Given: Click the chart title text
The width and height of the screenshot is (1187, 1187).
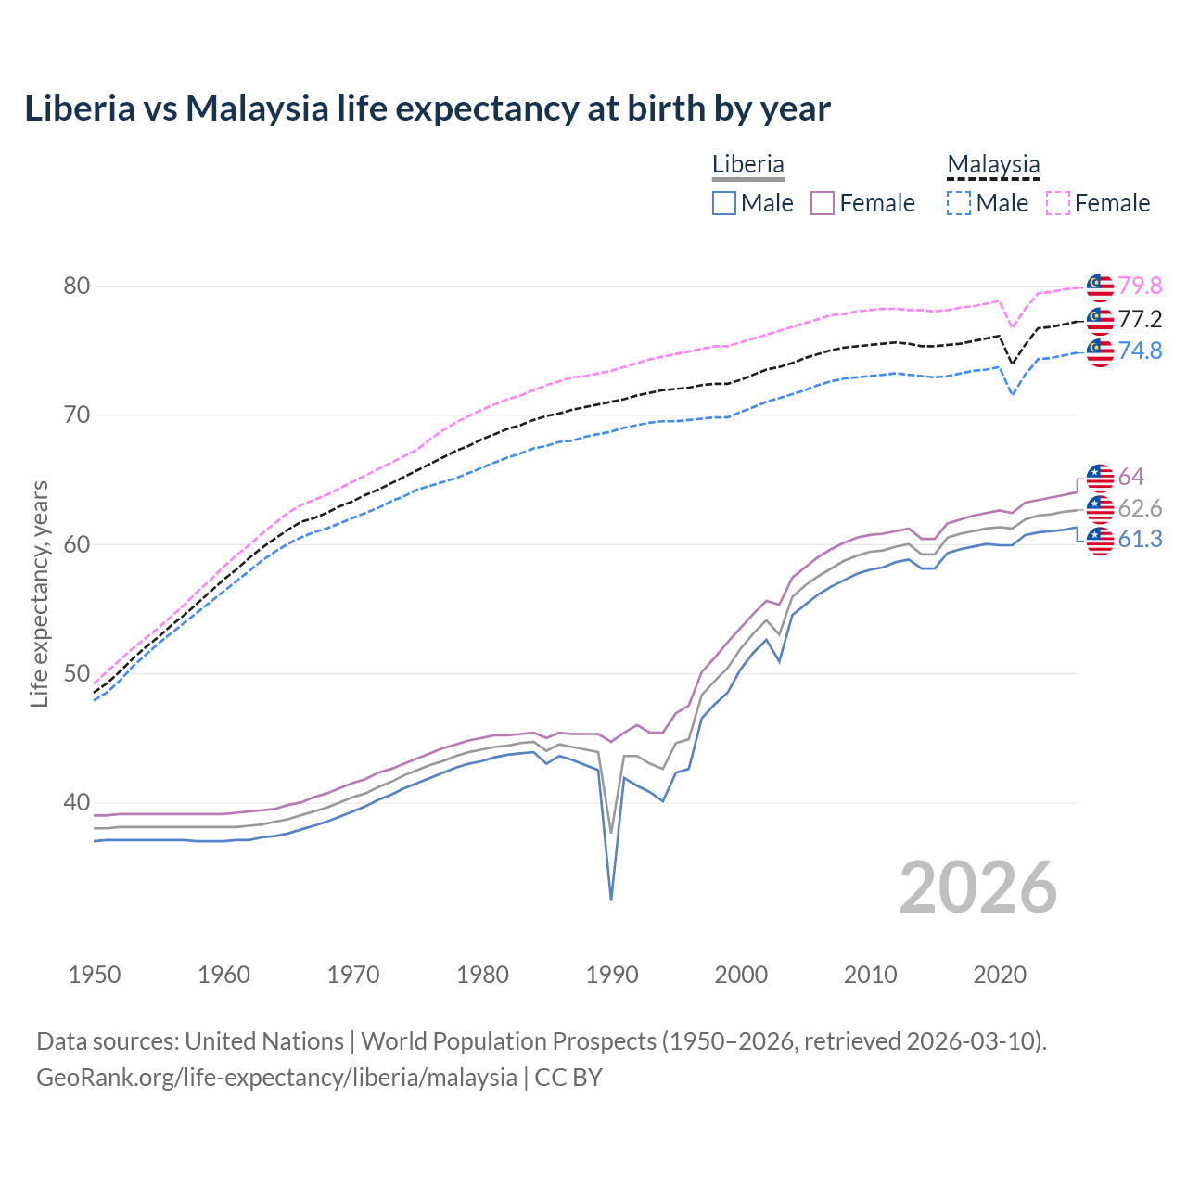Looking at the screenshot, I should [428, 108].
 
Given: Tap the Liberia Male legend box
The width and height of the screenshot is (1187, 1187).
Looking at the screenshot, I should [724, 203].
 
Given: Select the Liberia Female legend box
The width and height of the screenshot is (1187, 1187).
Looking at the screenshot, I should [823, 203].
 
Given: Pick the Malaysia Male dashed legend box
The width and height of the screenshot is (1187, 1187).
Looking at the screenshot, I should [959, 203].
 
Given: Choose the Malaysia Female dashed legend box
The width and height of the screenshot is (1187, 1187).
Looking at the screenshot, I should [1057, 203].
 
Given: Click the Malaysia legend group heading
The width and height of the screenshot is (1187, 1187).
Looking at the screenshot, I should [993, 165].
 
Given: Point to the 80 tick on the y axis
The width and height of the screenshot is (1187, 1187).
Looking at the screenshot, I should [77, 286].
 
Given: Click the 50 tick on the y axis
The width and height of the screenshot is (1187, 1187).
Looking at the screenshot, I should [77, 673].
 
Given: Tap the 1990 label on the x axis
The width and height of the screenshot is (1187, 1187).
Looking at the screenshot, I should [612, 975].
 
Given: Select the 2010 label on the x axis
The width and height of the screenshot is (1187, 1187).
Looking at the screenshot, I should [870, 975].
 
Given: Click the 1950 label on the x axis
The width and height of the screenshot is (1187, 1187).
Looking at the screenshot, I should [95, 975].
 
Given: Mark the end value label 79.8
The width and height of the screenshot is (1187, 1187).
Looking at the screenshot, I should [1140, 287].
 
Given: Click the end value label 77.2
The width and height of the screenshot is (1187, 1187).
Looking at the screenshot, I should [1140, 320].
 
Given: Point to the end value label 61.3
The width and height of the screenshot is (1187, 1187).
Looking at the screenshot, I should [1140, 540].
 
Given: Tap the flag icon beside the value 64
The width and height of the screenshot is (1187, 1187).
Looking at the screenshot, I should [1100, 478].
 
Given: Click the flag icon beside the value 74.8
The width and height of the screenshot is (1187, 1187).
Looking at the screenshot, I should [1100, 351].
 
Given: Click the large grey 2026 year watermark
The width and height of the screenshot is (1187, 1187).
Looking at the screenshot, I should [978, 887].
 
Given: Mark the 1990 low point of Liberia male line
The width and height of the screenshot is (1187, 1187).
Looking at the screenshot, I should [611, 899].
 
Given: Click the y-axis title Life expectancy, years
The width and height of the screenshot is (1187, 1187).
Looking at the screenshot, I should [40, 593].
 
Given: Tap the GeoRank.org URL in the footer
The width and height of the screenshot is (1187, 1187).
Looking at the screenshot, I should [276, 1078].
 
